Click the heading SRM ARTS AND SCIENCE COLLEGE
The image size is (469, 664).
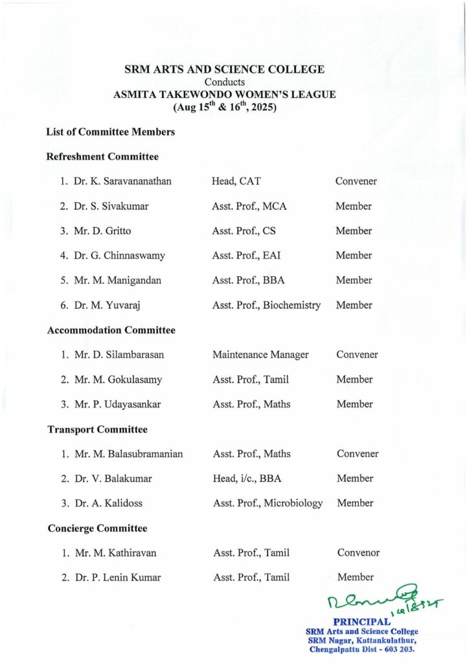(225, 70)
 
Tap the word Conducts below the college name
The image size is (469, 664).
(225, 82)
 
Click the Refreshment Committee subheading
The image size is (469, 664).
(102, 156)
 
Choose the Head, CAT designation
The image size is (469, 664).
(236, 182)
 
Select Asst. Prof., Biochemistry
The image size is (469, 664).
(266, 305)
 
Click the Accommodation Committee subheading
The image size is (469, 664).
(111, 330)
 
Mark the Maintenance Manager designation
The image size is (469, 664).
(260, 355)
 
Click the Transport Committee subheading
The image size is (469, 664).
(98, 429)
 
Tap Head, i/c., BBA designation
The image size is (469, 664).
(247, 479)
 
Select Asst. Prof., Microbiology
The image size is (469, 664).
(268, 503)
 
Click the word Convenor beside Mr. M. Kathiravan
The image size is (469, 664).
(358, 553)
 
